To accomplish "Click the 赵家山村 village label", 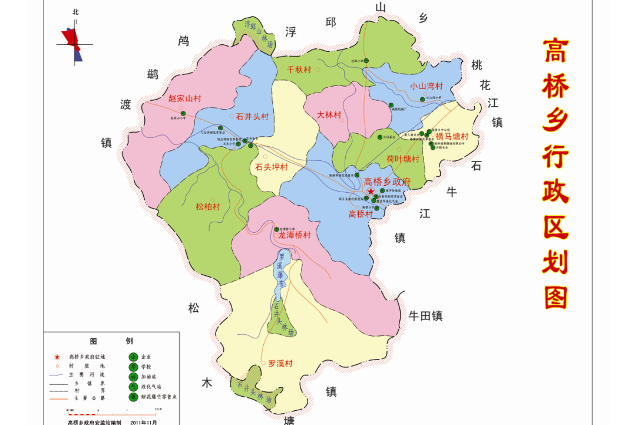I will pos(184,98).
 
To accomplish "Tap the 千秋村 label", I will pos(299,70).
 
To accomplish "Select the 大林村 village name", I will pos(329,114).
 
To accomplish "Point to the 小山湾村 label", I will pos(426,85).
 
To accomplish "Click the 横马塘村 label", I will pos(452,136).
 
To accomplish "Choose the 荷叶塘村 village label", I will pos(402,159).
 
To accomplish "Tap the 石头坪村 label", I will pos(271,167).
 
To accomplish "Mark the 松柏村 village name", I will pos(207,207).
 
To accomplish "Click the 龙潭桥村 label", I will pos(294,235).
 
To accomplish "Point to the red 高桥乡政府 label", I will pos(387,182).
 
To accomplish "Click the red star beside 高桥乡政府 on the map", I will pos(370,192).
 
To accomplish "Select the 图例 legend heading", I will pos(111,341).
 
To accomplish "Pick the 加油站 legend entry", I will pos(150,377).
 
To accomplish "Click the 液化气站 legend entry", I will pos(151,387).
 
